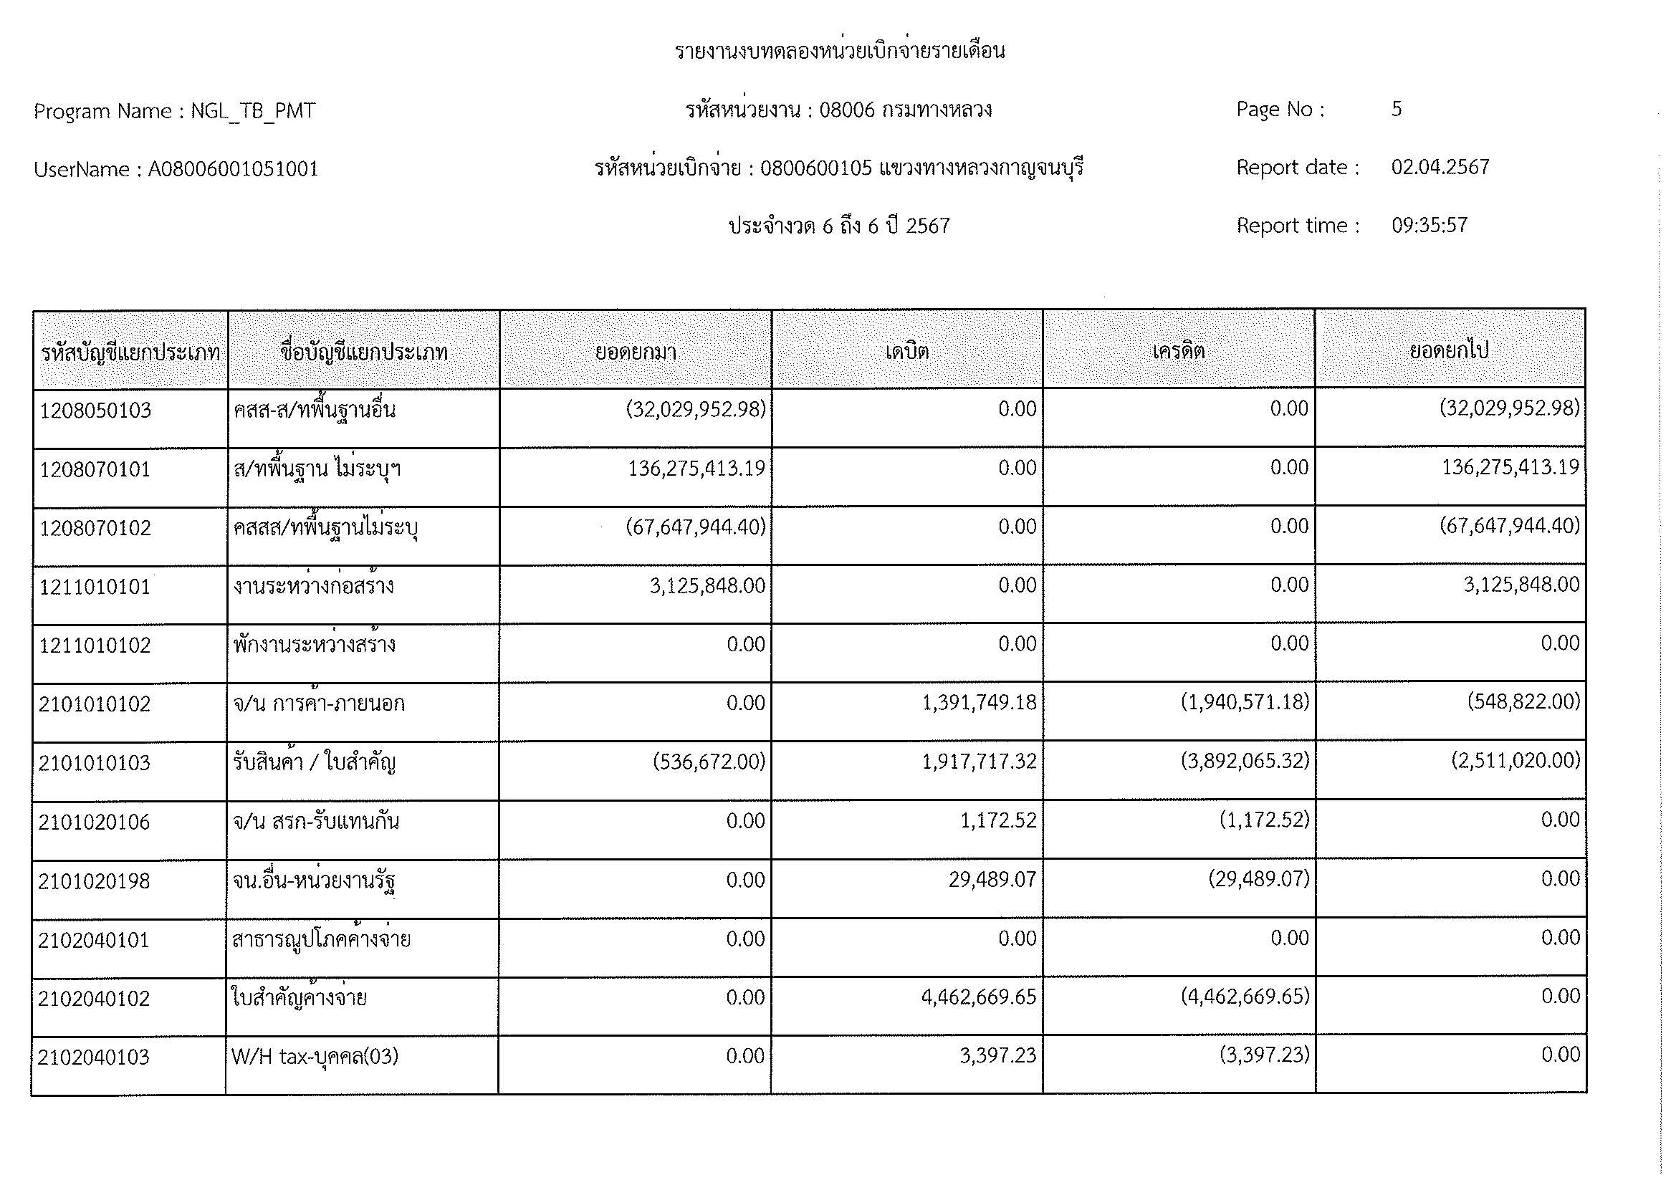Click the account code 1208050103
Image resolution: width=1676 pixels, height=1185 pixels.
pos(95,411)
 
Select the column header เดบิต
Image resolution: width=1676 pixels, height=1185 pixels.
pos(906,352)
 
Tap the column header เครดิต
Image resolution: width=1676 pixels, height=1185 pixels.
pos(1178,352)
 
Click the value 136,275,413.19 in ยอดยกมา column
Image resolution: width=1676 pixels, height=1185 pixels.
pos(696,469)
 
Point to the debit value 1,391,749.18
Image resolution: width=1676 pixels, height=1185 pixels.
pos(979,703)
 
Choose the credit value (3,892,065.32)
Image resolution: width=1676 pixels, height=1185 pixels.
pos(1245,762)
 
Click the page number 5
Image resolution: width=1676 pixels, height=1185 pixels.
pos(1397,110)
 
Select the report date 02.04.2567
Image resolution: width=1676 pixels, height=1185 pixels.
pos(1440,168)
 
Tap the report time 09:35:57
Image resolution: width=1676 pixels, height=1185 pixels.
pos(1430,226)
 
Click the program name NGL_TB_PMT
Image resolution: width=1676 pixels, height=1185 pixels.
pos(252,111)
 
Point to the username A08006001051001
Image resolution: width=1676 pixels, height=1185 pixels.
pos(234,169)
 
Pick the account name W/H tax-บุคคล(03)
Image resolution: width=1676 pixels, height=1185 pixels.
pos(315,1057)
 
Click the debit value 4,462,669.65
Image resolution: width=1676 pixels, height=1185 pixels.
pos(978,997)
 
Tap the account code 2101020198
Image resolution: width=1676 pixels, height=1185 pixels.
pos(94,881)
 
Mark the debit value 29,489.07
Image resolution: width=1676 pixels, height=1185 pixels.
pos(992,880)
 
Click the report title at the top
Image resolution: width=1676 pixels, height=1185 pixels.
pos(840,52)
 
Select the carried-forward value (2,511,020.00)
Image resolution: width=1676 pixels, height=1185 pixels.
pos(1515,761)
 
